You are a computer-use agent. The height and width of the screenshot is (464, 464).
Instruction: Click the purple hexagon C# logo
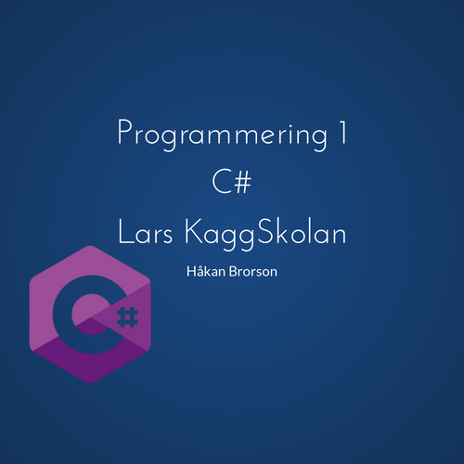tap(91, 316)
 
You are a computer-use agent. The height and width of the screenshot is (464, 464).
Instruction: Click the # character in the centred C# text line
tap(244, 183)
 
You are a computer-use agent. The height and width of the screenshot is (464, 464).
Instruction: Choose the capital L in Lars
tap(125, 233)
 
